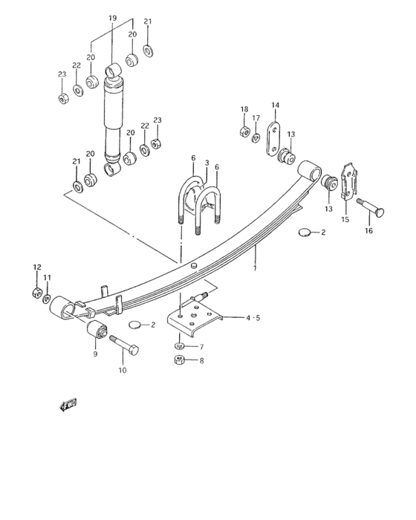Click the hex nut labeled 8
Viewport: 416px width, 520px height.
pos(179,360)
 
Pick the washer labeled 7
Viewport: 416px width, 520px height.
pos(180,346)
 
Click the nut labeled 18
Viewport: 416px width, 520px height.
pos(244,131)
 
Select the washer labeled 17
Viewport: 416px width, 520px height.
pos(256,138)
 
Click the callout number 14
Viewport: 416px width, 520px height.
pos(275,105)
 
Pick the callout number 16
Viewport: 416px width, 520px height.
pos(369,232)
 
